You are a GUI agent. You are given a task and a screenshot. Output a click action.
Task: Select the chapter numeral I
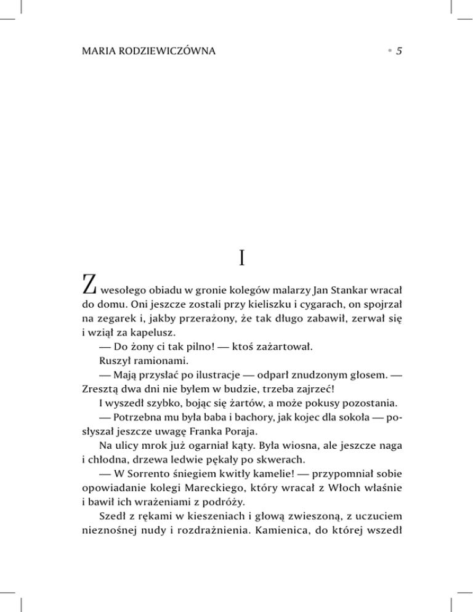[x=241, y=257]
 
